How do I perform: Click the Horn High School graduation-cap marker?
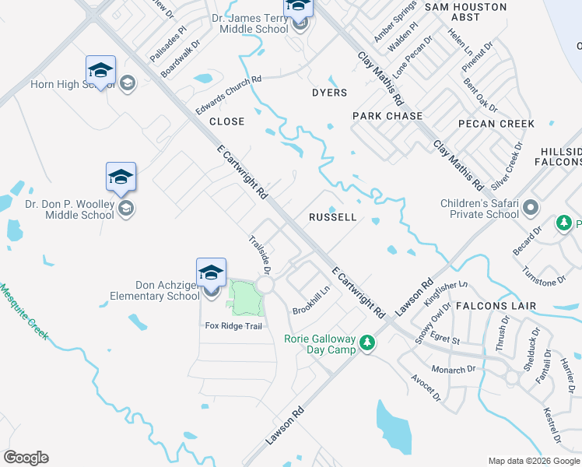pos(100,71)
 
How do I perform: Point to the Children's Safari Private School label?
pos(479,209)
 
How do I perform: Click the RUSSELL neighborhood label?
pos(332,217)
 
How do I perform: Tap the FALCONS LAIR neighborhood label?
pos(496,306)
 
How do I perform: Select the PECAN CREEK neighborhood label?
pos(496,124)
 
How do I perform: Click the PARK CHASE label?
pos(387,116)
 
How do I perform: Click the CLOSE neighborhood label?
pos(226,121)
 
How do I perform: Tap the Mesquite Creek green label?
pos(24,311)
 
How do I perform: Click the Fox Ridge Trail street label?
pos(233,325)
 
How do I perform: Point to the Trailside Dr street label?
pos(259,255)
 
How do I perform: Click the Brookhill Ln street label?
pos(311,300)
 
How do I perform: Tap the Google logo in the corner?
pos(26,458)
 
